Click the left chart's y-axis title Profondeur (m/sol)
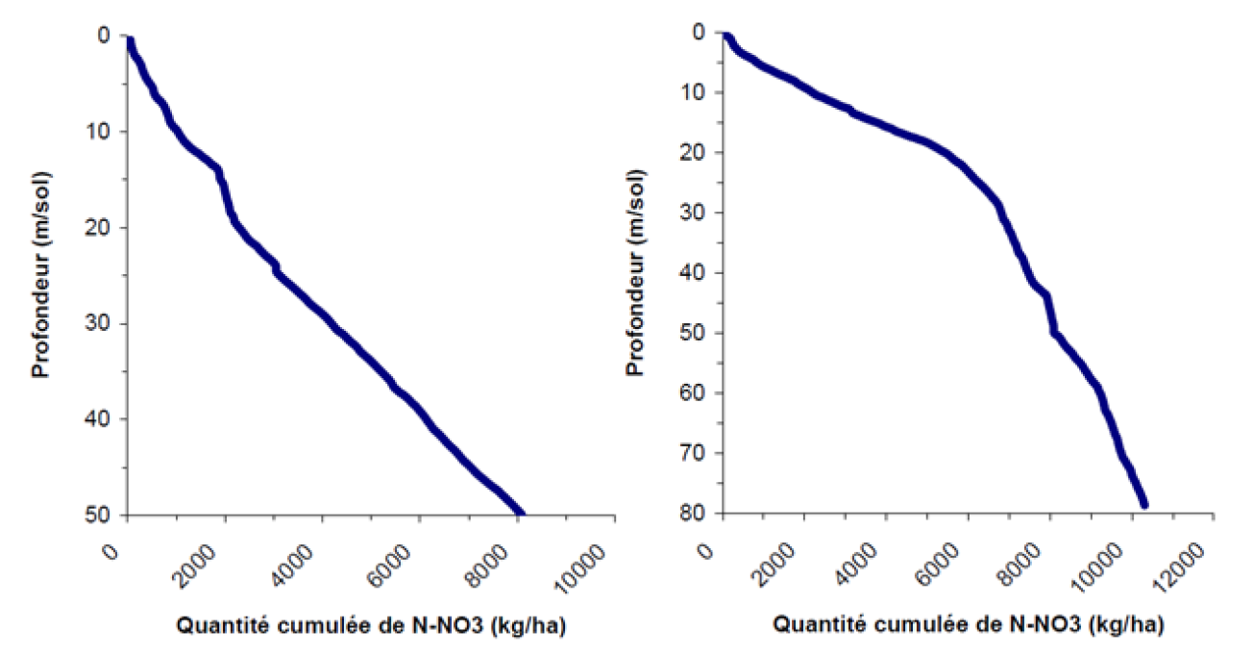click(x=41, y=274)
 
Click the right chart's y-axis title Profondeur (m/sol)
click(x=635, y=274)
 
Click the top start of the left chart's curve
click(x=130, y=40)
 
